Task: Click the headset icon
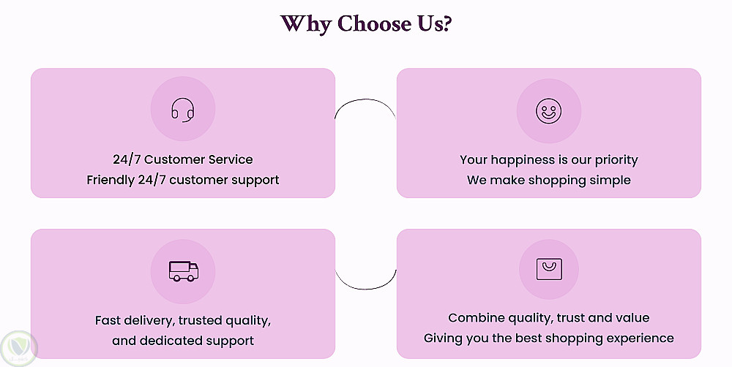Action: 183,110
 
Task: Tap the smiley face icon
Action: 548,112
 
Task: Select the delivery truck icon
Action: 183,271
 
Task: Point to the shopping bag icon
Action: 548,269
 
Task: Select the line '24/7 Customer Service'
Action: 183,159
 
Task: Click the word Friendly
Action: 111,180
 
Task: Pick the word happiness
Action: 525,159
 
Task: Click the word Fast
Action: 108,320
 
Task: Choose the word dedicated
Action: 173,341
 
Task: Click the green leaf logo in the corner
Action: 18,348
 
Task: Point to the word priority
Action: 613,159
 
